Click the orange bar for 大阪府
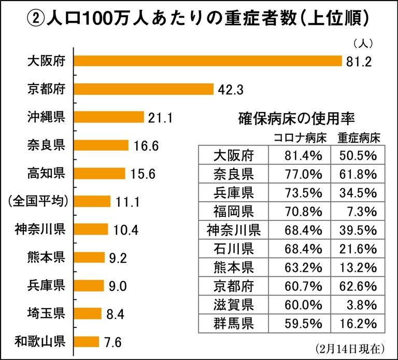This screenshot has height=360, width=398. pos(208,61)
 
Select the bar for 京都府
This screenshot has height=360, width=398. pos(144,89)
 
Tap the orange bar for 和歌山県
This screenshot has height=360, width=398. pos(86,341)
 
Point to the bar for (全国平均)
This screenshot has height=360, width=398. pos(92,201)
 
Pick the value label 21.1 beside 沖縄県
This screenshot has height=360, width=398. pos(160,118)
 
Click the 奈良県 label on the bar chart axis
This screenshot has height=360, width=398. pos(46,145)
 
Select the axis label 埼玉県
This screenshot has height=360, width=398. pos(46,313)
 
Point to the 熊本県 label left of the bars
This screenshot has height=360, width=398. pos(46,257)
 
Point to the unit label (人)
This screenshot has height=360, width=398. pos(363,43)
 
